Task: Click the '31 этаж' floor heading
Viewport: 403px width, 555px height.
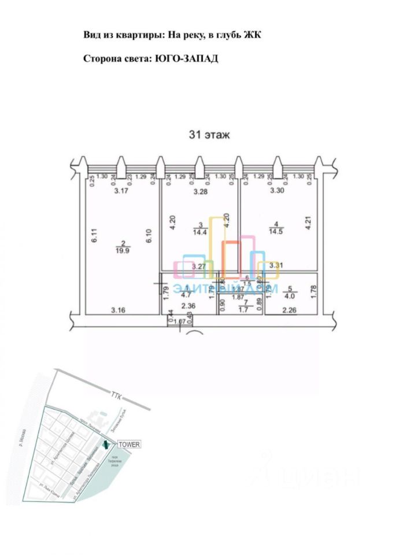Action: pyautogui.click(x=209, y=135)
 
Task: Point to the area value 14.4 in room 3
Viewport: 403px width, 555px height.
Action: pyautogui.click(x=199, y=232)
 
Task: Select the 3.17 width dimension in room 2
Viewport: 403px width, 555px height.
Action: pyautogui.click(x=121, y=191)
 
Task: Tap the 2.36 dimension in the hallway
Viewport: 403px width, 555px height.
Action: pyautogui.click(x=188, y=306)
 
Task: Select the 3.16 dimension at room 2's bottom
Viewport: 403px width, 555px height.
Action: pyautogui.click(x=120, y=310)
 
